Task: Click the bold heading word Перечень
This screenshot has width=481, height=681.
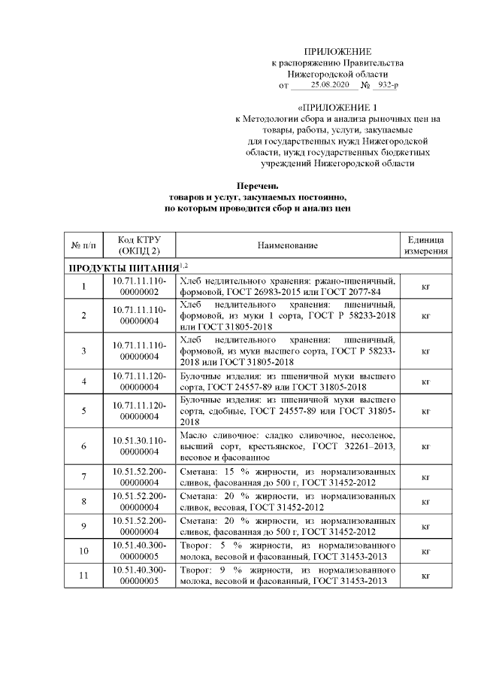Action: click(x=258, y=185)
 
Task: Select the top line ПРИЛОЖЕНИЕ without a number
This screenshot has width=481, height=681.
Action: click(x=337, y=50)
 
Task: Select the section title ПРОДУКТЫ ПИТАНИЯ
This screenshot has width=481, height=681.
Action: click(x=123, y=267)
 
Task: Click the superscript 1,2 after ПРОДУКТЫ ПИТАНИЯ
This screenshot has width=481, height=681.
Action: click(x=183, y=265)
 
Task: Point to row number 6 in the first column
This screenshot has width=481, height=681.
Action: click(x=83, y=446)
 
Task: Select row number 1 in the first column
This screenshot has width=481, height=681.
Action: click(x=83, y=286)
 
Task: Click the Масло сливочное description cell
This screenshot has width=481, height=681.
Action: click(x=288, y=446)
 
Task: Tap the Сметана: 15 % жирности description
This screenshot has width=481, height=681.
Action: click(x=288, y=477)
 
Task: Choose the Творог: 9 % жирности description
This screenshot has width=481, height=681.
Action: click(x=288, y=576)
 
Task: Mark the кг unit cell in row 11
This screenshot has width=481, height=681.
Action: click(x=426, y=576)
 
